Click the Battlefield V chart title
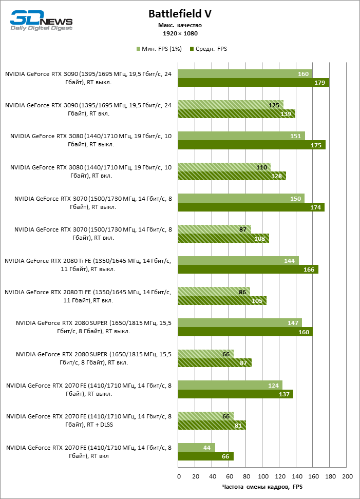click(180, 14)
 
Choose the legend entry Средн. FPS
click(209, 49)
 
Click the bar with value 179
click(253, 83)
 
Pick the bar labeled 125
click(231, 105)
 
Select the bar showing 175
click(252, 145)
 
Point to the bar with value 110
click(224, 167)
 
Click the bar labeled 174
click(251, 207)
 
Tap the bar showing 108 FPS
click(223, 239)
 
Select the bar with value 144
click(238, 261)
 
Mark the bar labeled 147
click(240, 323)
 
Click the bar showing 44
click(197, 447)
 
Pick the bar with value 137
click(235, 394)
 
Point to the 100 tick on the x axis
click(263, 476)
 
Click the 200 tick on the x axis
click(347, 476)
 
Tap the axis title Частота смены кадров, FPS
click(262, 487)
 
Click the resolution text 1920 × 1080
click(180, 33)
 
